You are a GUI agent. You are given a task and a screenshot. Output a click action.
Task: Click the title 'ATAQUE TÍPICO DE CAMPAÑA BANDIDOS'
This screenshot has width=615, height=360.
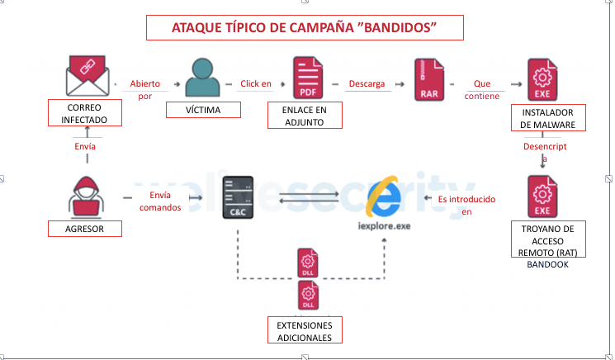[304, 27]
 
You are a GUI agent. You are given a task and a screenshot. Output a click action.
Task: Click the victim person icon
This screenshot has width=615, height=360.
[202, 77]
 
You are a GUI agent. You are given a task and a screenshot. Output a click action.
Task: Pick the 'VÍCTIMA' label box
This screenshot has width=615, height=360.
[204, 110]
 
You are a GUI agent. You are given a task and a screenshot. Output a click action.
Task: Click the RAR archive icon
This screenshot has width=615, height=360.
[429, 79]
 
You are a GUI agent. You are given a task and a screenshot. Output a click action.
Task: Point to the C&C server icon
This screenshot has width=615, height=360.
[239, 198]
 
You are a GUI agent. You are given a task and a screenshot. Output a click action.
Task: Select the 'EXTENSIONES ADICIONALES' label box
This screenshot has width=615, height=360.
[305, 331]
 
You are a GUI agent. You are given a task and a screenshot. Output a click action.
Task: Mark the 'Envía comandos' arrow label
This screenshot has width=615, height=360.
[160, 201]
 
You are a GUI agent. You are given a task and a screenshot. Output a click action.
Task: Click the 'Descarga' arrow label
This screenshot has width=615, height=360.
[367, 83]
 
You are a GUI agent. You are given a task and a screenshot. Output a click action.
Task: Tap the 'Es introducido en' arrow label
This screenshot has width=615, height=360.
[466, 205]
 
